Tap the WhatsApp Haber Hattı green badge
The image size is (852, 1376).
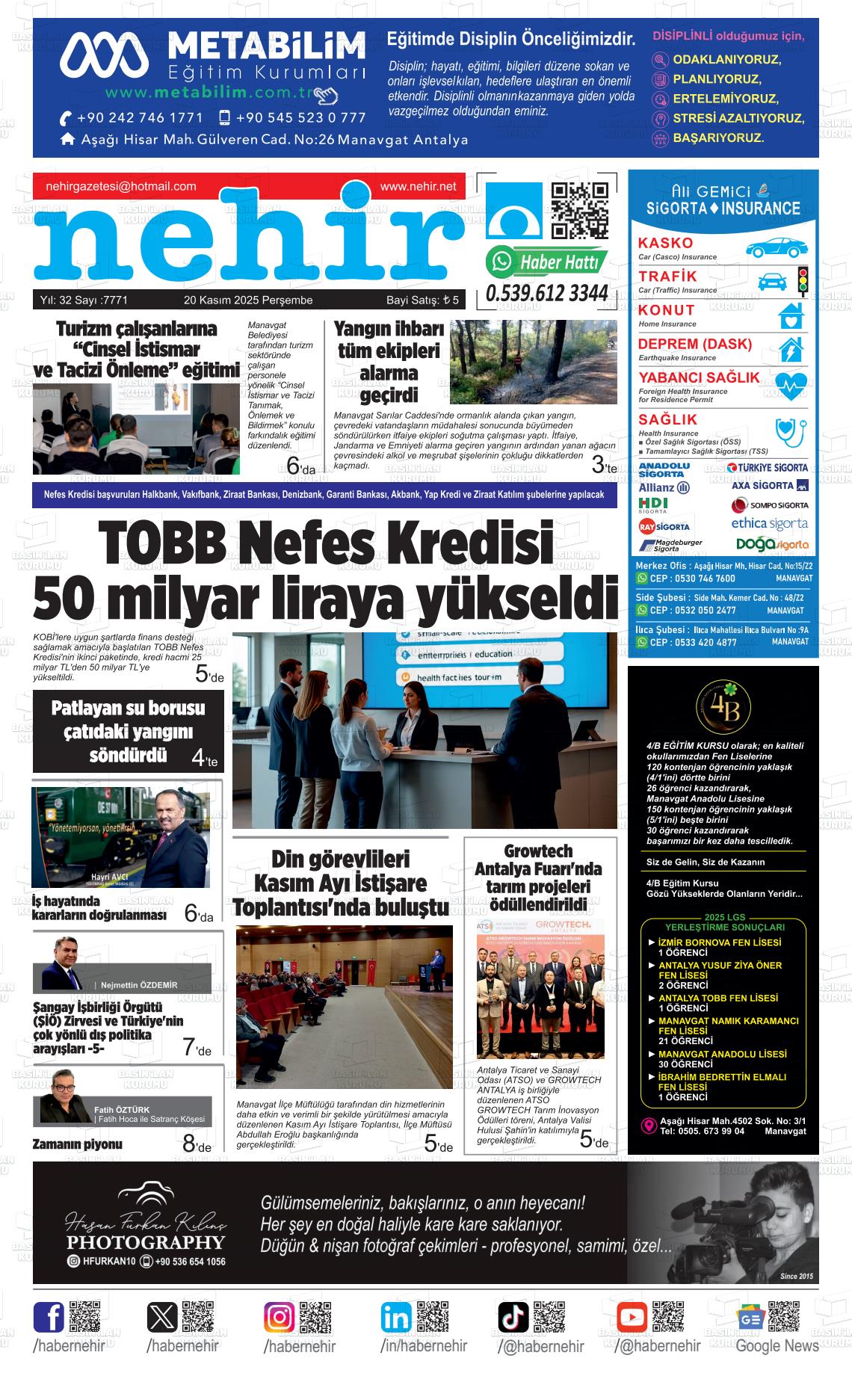[546, 262]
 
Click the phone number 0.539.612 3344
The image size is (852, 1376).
[546, 294]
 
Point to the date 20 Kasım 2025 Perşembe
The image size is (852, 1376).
[248, 300]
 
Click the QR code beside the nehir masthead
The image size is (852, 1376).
[579, 210]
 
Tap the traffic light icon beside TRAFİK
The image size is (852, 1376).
[803, 281]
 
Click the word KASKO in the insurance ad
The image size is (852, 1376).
[665, 243]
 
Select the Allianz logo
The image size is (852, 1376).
[664, 487]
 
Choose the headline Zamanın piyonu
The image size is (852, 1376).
[77, 1144]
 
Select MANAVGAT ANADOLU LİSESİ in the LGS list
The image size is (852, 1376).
[722, 1054]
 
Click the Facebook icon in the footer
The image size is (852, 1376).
[49, 1316]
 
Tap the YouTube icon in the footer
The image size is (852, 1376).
[632, 1316]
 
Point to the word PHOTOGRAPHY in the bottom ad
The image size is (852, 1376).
[145, 1242]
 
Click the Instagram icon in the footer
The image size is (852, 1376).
[280, 1316]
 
